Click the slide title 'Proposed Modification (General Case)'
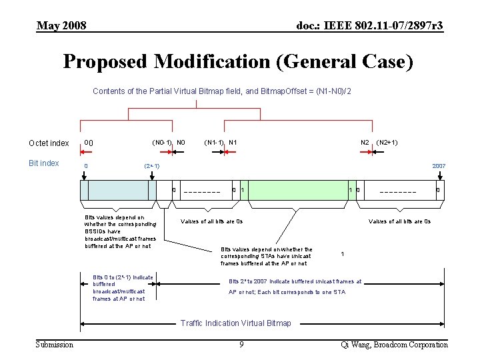(x=238, y=62)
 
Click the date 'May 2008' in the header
(x=61, y=26)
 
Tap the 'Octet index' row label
(x=49, y=143)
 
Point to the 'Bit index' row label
(x=44, y=163)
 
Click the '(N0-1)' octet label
(x=162, y=142)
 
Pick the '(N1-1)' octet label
(x=214, y=142)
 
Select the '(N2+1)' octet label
(x=387, y=142)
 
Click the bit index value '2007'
(x=439, y=165)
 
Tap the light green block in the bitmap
(x=297, y=190)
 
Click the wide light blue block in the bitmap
(x=119, y=190)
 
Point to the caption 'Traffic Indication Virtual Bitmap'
(x=236, y=323)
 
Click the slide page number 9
(x=241, y=344)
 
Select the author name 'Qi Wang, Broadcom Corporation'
(x=394, y=344)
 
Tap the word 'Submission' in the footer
(x=55, y=344)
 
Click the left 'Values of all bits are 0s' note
(x=212, y=221)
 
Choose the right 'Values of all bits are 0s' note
(x=400, y=221)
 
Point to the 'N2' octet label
(x=365, y=142)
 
